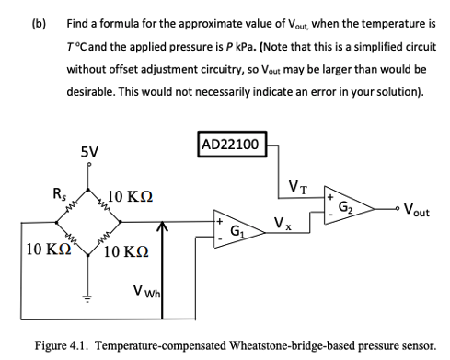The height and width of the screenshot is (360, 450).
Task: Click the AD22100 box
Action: pyautogui.click(x=232, y=144)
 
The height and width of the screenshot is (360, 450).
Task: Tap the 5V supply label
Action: pyautogui.click(x=89, y=151)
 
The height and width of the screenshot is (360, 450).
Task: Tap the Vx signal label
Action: pyautogui.click(x=283, y=222)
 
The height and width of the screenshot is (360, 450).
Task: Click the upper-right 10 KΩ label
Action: pyautogui.click(x=129, y=196)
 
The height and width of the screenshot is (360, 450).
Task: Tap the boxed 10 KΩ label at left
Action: pyautogui.click(x=45, y=250)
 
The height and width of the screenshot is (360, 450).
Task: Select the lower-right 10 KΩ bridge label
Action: pyautogui.click(x=129, y=251)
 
